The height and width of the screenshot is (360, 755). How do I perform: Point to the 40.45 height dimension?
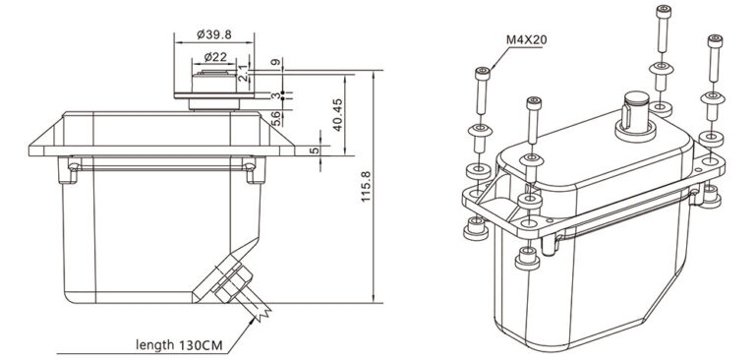(338, 116)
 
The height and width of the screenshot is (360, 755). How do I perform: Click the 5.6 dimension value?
(277, 118)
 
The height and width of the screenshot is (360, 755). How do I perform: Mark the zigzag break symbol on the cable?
(264, 312)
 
